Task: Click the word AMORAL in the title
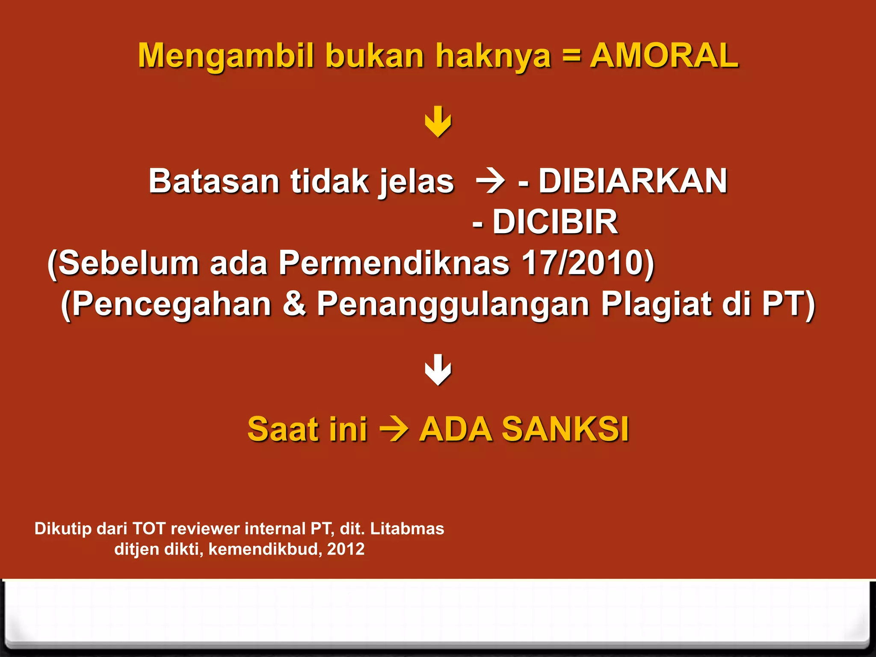664,56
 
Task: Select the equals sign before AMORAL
571,56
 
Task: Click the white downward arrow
438,370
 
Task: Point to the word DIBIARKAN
633,181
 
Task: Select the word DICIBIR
555,222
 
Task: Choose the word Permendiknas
394,263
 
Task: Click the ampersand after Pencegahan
294,304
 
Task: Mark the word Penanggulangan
453,305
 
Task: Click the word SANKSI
565,429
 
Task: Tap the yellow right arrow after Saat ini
394,429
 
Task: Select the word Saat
283,429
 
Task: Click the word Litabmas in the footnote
407,529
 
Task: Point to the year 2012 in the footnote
346,549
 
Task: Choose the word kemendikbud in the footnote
264,549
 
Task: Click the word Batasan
214,181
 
